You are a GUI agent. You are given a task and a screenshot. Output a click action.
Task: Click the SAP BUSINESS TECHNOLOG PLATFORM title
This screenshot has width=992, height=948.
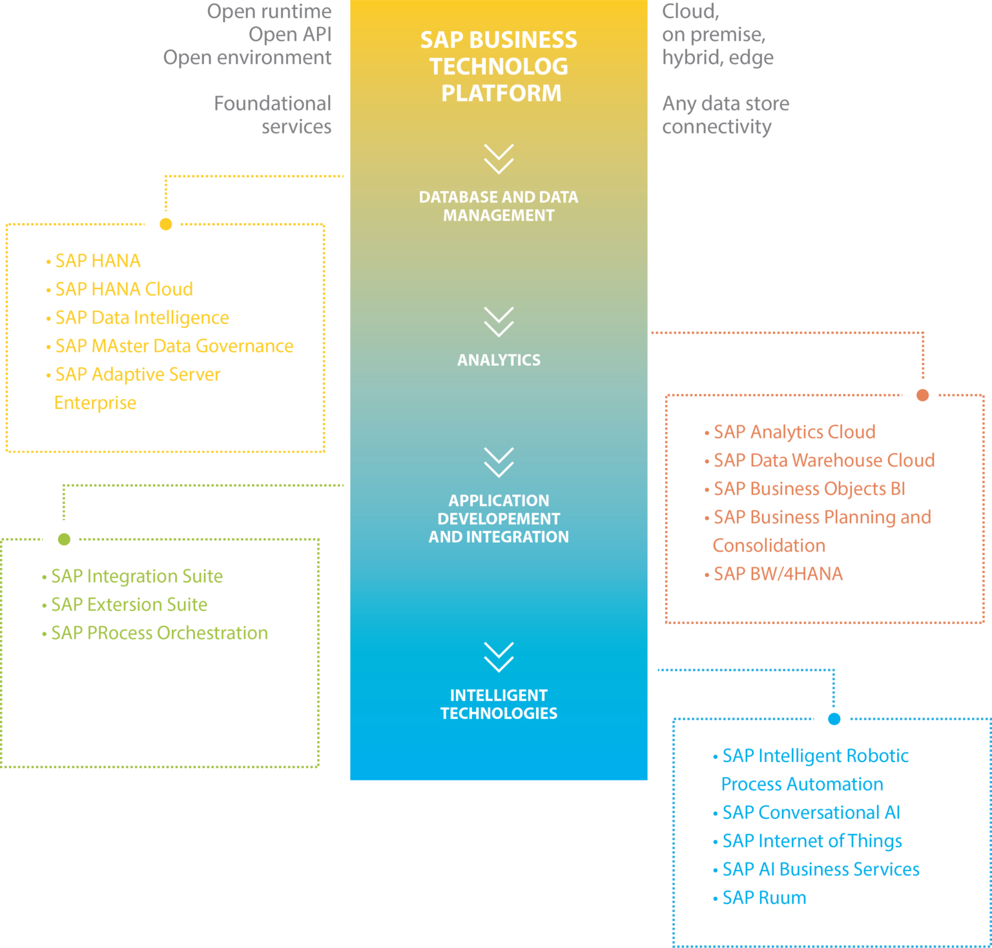[499, 66]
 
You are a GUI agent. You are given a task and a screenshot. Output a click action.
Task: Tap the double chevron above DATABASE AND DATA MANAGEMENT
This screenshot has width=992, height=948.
[499, 159]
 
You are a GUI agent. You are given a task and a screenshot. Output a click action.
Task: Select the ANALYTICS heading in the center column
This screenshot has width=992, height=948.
[499, 360]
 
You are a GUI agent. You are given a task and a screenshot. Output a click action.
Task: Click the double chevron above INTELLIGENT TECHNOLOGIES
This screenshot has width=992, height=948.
[499, 657]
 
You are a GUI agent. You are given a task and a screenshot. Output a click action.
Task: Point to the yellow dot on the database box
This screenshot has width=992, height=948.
[166, 224]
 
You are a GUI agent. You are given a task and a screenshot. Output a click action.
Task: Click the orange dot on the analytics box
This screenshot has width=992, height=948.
[922, 395]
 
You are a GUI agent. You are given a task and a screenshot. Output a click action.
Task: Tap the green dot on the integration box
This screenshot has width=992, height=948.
[64, 539]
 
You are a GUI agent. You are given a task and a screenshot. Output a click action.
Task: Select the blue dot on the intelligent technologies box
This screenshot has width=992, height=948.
[834, 719]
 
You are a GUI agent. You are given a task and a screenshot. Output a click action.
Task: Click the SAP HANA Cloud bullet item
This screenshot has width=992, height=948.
[123, 289]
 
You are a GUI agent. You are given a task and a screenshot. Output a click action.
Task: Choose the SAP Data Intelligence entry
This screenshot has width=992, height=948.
[141, 318]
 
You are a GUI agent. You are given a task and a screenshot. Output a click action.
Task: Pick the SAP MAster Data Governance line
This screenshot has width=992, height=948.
[174, 346]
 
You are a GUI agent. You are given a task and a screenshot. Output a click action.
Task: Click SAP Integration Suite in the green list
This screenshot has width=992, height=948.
[136, 576]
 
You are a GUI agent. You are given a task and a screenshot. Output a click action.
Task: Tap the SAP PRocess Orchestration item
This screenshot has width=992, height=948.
[159, 632]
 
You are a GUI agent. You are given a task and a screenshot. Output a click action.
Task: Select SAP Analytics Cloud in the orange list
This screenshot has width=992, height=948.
[794, 432]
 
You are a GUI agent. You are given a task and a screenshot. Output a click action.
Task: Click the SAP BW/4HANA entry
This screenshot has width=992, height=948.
[778, 574]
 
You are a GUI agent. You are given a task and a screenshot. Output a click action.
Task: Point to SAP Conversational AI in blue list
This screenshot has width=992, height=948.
[811, 812]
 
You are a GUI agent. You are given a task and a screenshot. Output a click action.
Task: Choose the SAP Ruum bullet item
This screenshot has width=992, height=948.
[763, 898]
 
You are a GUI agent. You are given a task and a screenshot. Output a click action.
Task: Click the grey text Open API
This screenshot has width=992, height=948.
[290, 34]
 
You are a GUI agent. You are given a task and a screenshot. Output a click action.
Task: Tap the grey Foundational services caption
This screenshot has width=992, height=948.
[273, 115]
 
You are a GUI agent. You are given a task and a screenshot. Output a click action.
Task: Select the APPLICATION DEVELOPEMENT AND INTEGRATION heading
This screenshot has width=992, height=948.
[499, 519]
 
